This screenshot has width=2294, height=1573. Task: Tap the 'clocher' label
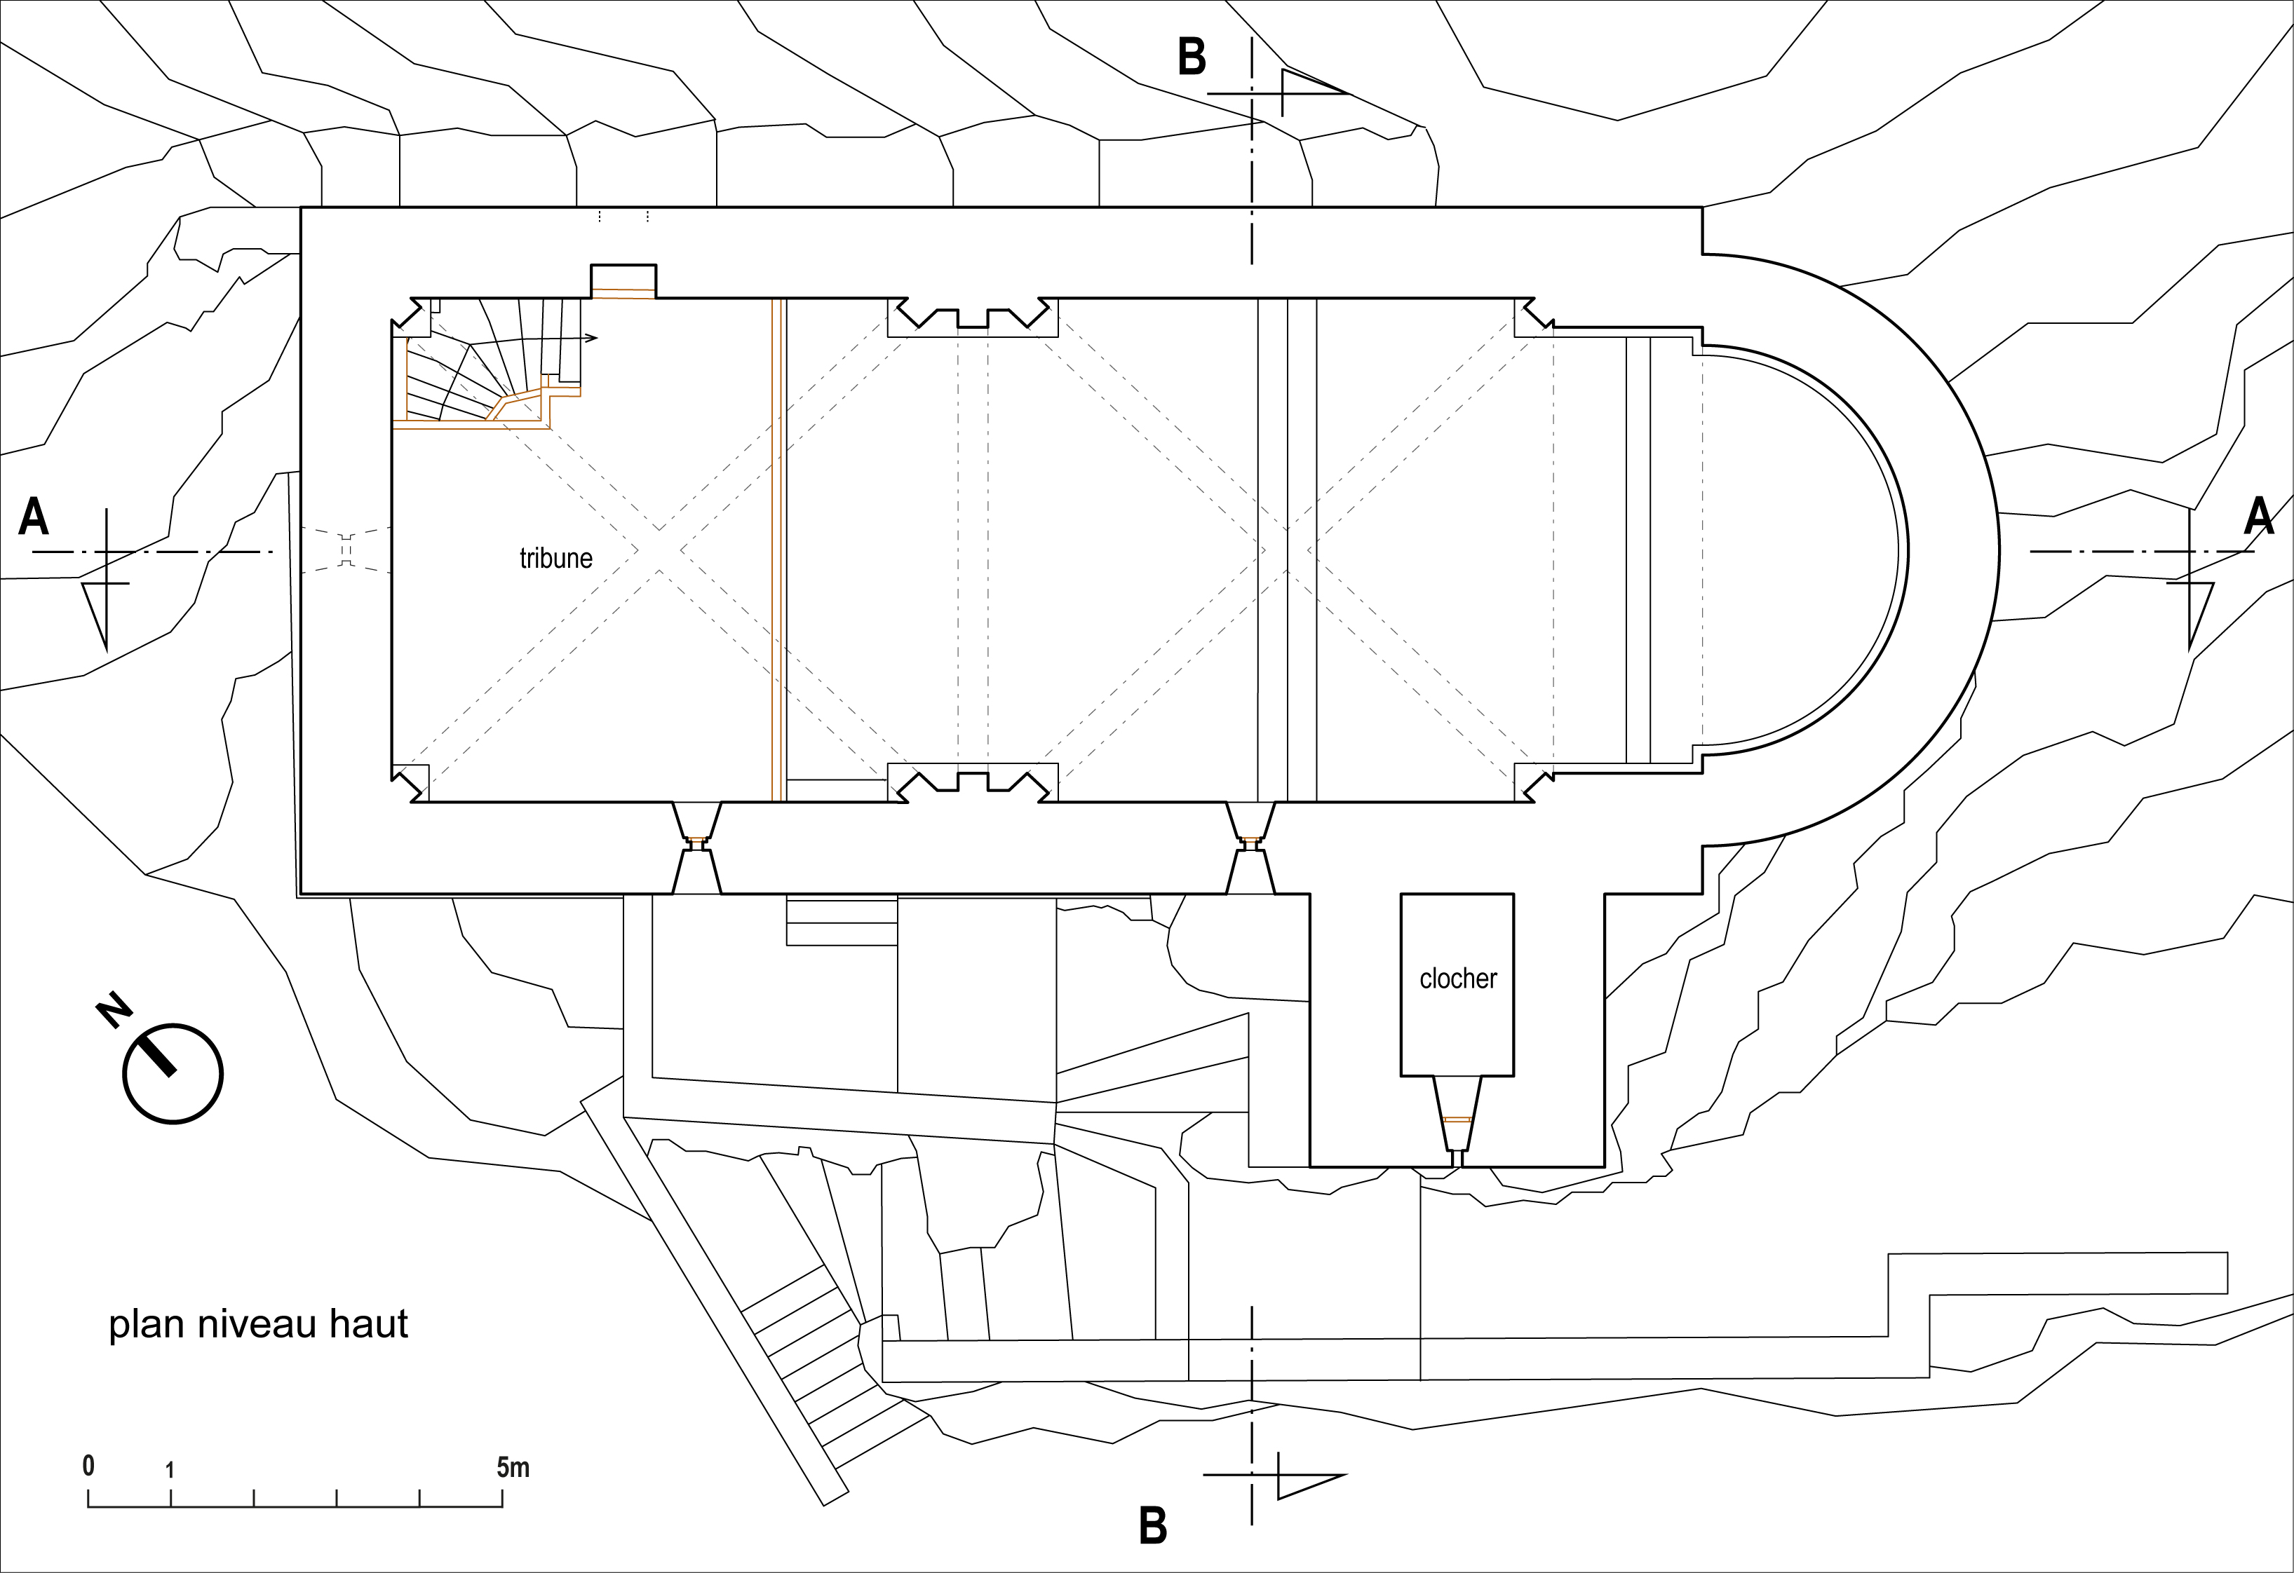pyautogui.click(x=1458, y=978)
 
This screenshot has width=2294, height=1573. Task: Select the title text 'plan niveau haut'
pyautogui.click(x=257, y=1323)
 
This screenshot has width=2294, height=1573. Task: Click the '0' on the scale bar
pyautogui.click(x=88, y=1466)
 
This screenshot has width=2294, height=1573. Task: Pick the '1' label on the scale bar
pyautogui.click(x=170, y=1469)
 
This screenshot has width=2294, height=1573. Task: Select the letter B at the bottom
pyautogui.click(x=1153, y=1525)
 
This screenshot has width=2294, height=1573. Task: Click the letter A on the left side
pyautogui.click(x=34, y=515)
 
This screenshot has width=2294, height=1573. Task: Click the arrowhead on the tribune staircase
pyautogui.click(x=591, y=339)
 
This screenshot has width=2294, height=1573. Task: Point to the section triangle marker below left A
pyautogui.click(x=99, y=609)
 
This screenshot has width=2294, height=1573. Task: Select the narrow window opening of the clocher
pyautogui.click(x=1457, y=1120)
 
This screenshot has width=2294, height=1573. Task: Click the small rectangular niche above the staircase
pyautogui.click(x=623, y=280)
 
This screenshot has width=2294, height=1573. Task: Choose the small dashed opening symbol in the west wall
pyautogui.click(x=346, y=550)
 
